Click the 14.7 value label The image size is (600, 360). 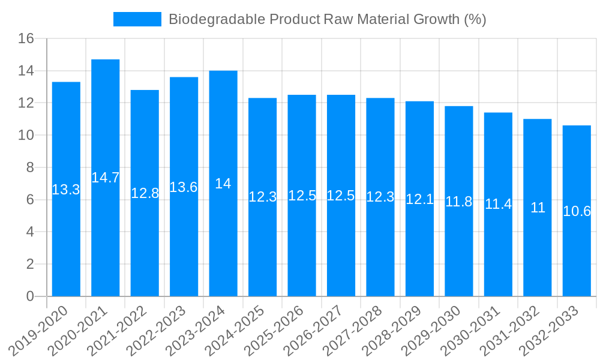(x=106, y=178)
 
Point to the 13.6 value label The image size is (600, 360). (x=184, y=187)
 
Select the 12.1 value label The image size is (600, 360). (x=419, y=199)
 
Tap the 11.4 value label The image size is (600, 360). (x=498, y=204)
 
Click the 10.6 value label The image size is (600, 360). (x=577, y=211)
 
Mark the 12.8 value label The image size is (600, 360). (x=145, y=193)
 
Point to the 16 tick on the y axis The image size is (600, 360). (x=26, y=39)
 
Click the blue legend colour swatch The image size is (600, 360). (x=137, y=19)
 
